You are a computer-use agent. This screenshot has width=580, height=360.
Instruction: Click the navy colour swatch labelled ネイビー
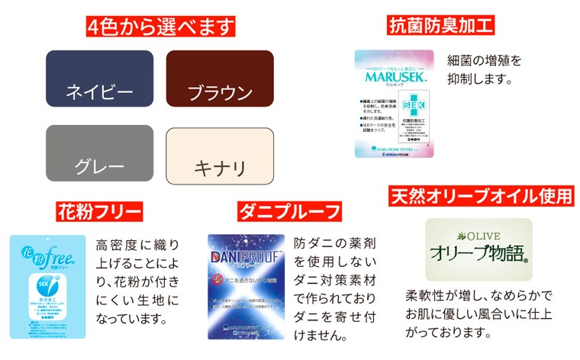click(99, 79)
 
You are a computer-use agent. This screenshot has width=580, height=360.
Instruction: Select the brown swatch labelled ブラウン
click(220, 79)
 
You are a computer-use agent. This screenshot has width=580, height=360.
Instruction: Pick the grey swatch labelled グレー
click(99, 153)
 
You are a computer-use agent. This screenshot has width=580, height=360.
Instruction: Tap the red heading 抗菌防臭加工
click(442, 27)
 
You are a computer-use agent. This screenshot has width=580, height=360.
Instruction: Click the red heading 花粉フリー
click(100, 211)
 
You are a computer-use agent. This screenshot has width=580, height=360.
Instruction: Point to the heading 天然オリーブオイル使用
click(481, 196)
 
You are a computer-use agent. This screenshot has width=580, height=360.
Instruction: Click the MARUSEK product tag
click(393, 104)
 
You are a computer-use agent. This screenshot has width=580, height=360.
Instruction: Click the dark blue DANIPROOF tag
click(246, 286)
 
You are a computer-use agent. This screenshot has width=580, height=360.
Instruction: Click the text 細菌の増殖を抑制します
click(485, 69)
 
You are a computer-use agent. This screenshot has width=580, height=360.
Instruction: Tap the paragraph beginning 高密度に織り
click(137, 281)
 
